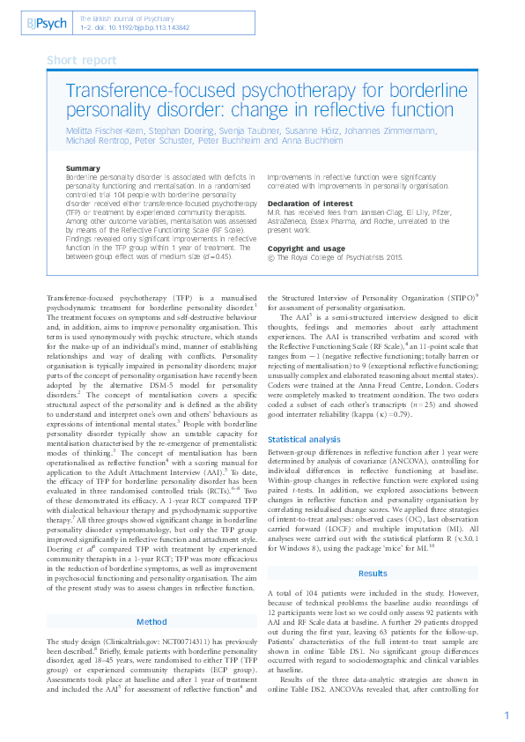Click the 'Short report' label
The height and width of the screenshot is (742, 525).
[x=81, y=60]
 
